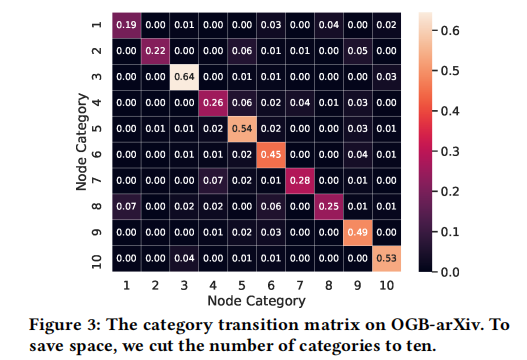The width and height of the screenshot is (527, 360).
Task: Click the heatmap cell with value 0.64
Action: [x=183, y=76]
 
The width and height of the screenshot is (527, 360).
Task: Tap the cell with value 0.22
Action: [x=154, y=49]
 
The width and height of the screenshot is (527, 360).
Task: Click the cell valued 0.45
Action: [x=271, y=156]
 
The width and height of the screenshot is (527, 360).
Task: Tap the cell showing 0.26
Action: [x=213, y=103]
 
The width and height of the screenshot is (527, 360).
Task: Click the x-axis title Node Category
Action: [x=256, y=300]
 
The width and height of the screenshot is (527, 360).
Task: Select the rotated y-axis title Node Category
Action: [x=79, y=143]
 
